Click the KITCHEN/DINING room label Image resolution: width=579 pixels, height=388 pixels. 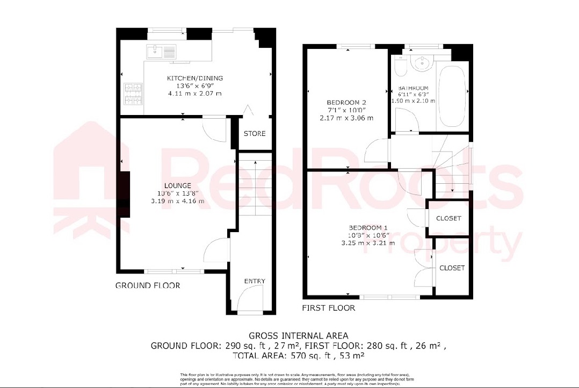194,78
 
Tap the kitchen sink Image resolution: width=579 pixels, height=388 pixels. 161,52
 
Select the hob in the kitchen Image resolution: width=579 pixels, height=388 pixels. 133,94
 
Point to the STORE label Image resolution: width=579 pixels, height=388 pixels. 255,133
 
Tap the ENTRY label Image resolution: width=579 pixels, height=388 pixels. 255,281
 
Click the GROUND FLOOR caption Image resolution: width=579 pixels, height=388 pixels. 148,285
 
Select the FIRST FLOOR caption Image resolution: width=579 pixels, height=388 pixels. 329,308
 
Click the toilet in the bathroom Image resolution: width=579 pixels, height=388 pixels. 400,67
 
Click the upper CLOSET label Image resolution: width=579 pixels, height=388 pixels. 448,218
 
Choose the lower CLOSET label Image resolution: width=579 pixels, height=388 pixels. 452,268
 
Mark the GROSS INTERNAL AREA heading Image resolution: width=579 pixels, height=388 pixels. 298,335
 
